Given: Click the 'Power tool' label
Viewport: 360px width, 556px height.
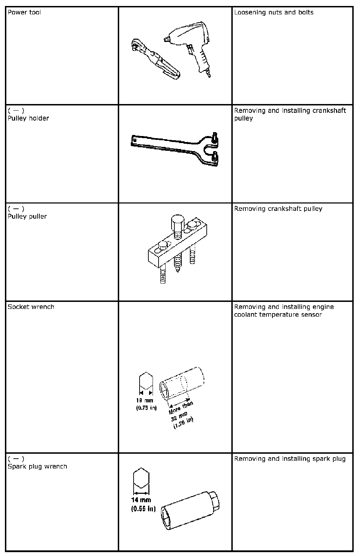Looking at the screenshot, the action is coord(24,12).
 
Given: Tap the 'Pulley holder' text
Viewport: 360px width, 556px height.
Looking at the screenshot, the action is coord(28,118).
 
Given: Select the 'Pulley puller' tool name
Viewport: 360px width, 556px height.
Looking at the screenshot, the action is coord(27,216).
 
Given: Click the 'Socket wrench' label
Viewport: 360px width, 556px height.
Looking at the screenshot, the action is coord(31,307).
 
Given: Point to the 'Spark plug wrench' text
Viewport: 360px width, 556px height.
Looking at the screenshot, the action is coord(38,466).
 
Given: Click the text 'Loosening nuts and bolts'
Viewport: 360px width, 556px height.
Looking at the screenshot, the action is coord(274,12).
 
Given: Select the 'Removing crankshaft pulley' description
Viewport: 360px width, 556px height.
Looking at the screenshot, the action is coord(278,209).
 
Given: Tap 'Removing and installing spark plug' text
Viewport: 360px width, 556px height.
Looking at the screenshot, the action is coord(290,459).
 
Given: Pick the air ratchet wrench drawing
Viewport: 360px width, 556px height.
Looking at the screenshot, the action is coord(155,59).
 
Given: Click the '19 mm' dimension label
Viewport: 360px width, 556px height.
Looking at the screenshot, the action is coord(145,400).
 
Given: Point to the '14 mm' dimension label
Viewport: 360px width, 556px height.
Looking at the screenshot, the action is coord(141,500).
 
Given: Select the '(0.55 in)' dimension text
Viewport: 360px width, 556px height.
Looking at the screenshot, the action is coord(143,509).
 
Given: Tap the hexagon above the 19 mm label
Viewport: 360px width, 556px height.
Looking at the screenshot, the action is coord(146,381).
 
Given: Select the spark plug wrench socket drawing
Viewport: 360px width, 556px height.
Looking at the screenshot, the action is coord(190,511).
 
